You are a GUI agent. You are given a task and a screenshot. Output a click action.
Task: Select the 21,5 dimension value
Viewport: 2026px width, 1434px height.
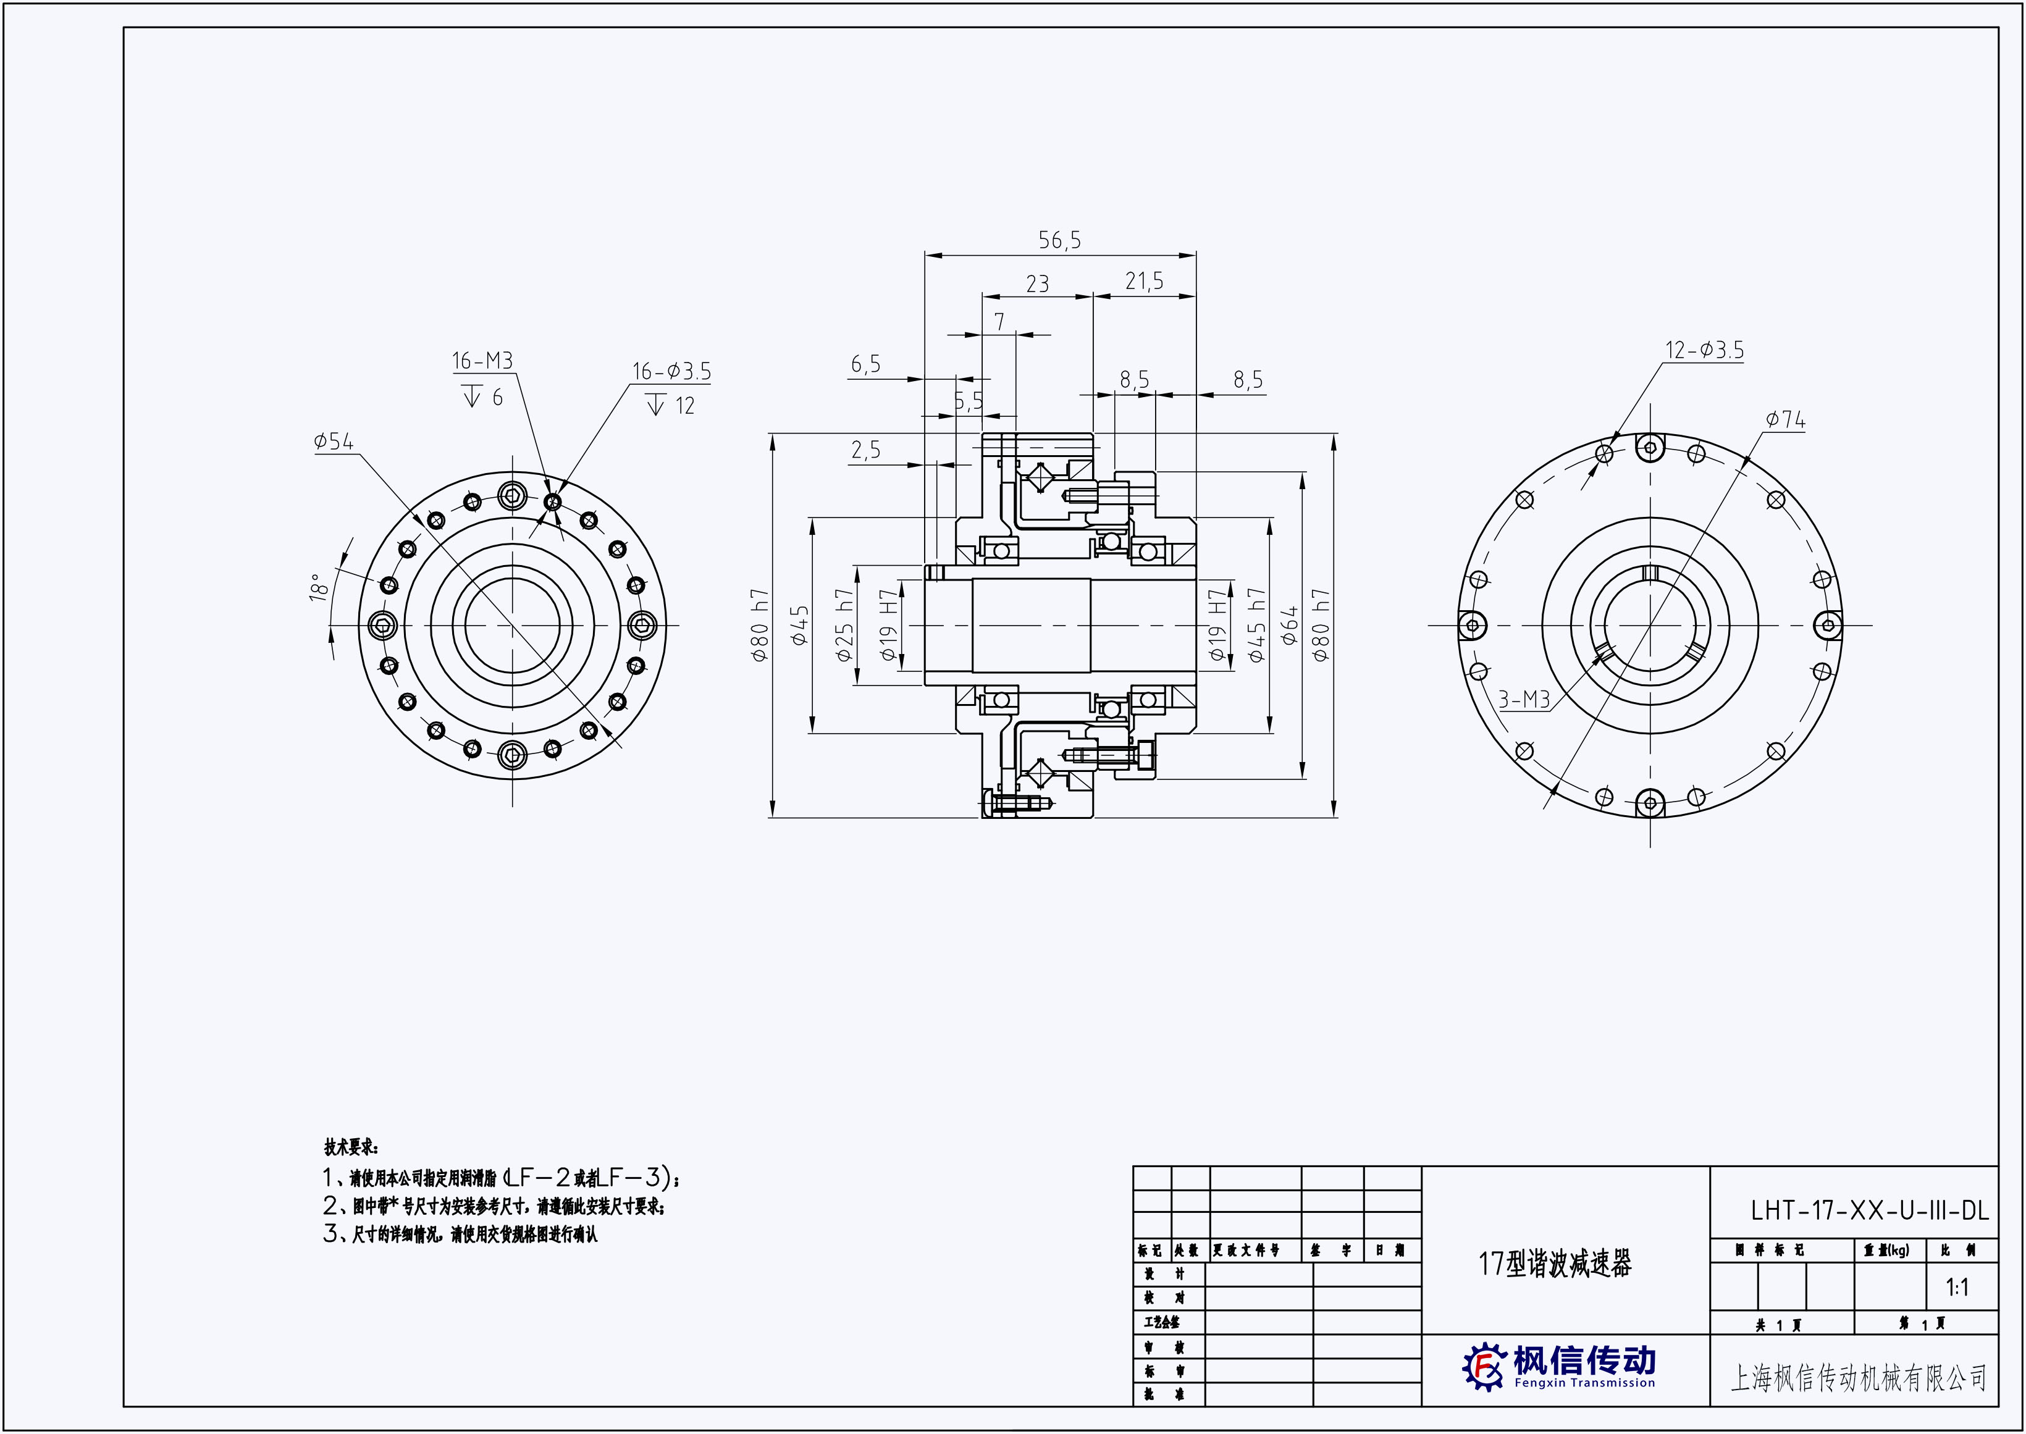pos(1144,282)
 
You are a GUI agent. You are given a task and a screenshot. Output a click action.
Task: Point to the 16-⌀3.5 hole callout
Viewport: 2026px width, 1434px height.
pos(671,372)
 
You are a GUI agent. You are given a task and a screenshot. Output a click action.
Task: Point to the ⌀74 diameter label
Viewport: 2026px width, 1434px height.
pos(1786,421)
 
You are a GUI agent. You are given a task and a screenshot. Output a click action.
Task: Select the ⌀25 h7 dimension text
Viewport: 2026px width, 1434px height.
pos(844,624)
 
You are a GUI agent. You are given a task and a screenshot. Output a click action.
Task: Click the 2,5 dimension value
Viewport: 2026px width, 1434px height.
pos(865,450)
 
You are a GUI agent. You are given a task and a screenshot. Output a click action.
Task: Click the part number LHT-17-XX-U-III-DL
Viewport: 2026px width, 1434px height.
pos(1868,1210)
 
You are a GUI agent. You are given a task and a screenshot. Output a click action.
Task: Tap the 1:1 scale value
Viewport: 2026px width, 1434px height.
pos(1957,1288)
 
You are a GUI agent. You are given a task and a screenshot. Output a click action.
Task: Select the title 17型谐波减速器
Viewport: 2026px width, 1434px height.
pos(1555,1264)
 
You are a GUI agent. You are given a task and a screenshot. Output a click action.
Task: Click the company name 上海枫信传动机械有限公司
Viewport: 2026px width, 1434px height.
pos(1858,1377)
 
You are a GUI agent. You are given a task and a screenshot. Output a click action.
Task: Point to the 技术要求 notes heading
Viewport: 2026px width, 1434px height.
pos(351,1148)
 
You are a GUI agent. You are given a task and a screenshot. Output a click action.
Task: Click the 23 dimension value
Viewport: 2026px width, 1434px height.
pos(1037,284)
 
